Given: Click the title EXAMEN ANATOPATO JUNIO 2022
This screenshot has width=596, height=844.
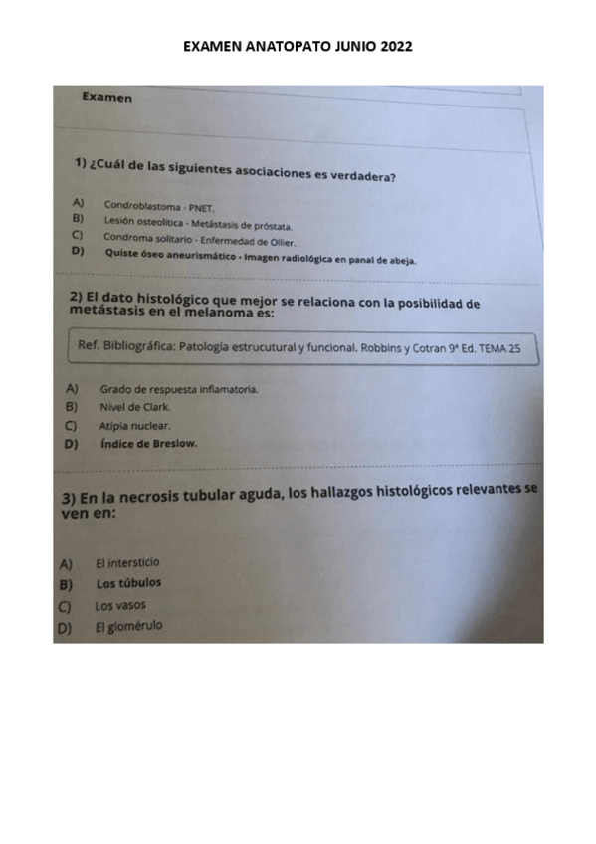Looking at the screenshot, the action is click(298, 47).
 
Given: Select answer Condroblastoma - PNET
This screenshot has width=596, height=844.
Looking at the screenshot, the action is click(159, 206).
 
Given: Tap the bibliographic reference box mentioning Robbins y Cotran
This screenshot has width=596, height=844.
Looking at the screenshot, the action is click(298, 349).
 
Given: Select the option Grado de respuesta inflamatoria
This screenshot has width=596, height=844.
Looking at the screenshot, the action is click(179, 389).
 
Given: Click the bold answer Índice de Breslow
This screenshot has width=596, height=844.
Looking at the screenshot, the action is click(149, 444).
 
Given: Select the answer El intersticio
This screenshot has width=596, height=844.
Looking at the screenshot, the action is click(127, 562).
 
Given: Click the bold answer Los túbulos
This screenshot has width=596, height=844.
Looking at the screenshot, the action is click(128, 583).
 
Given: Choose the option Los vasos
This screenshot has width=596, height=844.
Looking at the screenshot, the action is click(120, 605).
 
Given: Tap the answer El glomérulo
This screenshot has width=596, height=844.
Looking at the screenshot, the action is click(128, 626).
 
